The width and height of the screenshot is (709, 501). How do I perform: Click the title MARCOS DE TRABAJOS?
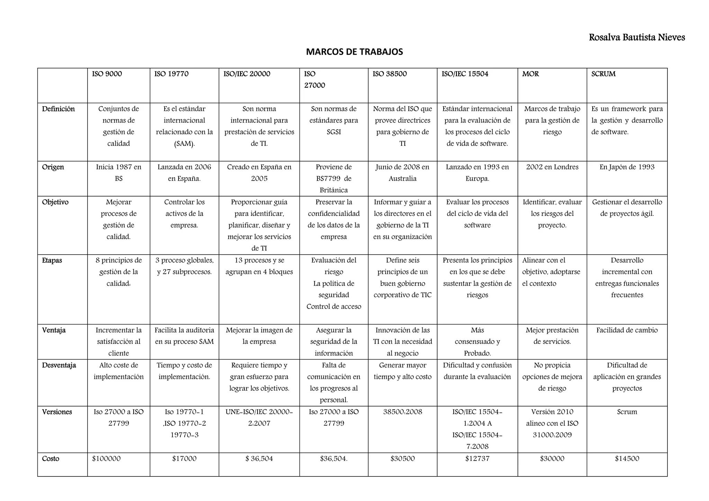click(x=354, y=52)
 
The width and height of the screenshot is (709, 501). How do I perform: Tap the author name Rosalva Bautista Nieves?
click(x=637, y=37)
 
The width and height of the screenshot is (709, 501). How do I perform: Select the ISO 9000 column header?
click(x=107, y=74)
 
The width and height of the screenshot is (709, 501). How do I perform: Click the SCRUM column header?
click(x=603, y=74)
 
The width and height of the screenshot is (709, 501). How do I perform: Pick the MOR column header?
click(x=530, y=74)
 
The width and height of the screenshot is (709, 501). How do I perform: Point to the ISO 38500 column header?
click(x=389, y=74)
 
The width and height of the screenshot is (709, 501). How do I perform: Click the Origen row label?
click(x=53, y=167)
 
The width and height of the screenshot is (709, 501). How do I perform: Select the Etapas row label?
click(x=52, y=260)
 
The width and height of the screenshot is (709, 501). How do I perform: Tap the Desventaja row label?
click(x=59, y=365)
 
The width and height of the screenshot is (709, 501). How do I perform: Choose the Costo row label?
click(x=51, y=458)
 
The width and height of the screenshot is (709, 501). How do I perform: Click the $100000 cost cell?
click(x=106, y=458)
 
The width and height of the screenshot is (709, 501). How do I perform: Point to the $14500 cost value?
click(x=627, y=458)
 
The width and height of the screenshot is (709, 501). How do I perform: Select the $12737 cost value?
click(x=477, y=458)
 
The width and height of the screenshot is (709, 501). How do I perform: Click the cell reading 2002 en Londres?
click(x=552, y=167)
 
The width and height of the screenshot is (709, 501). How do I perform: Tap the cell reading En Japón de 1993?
click(x=627, y=167)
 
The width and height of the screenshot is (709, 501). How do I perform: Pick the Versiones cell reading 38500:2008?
click(x=403, y=412)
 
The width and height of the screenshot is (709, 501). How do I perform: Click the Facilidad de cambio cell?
click(x=627, y=330)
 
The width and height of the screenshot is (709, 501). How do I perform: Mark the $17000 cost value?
click(x=184, y=458)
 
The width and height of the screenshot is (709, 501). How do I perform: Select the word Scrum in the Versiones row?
click(x=627, y=412)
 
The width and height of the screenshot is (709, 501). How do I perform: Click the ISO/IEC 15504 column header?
click(x=465, y=74)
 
